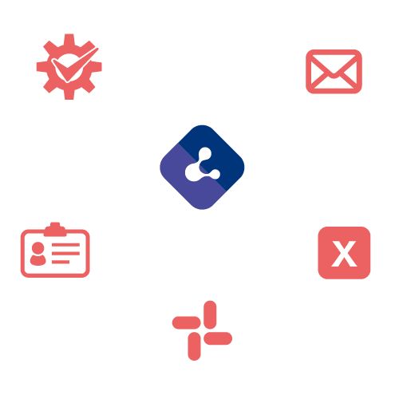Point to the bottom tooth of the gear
69,95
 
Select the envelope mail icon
334,72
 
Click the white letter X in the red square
344,254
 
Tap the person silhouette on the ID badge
38,254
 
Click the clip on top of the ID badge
55,229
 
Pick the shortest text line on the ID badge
61,262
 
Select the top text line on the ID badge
65,245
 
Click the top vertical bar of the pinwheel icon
210,315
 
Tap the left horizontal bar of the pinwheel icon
186,322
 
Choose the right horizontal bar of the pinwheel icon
218,338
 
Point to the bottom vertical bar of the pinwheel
194,346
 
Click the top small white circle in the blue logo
205,154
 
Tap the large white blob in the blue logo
193,172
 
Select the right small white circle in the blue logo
215,174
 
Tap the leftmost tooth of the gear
41,67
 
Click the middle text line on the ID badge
65,253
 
